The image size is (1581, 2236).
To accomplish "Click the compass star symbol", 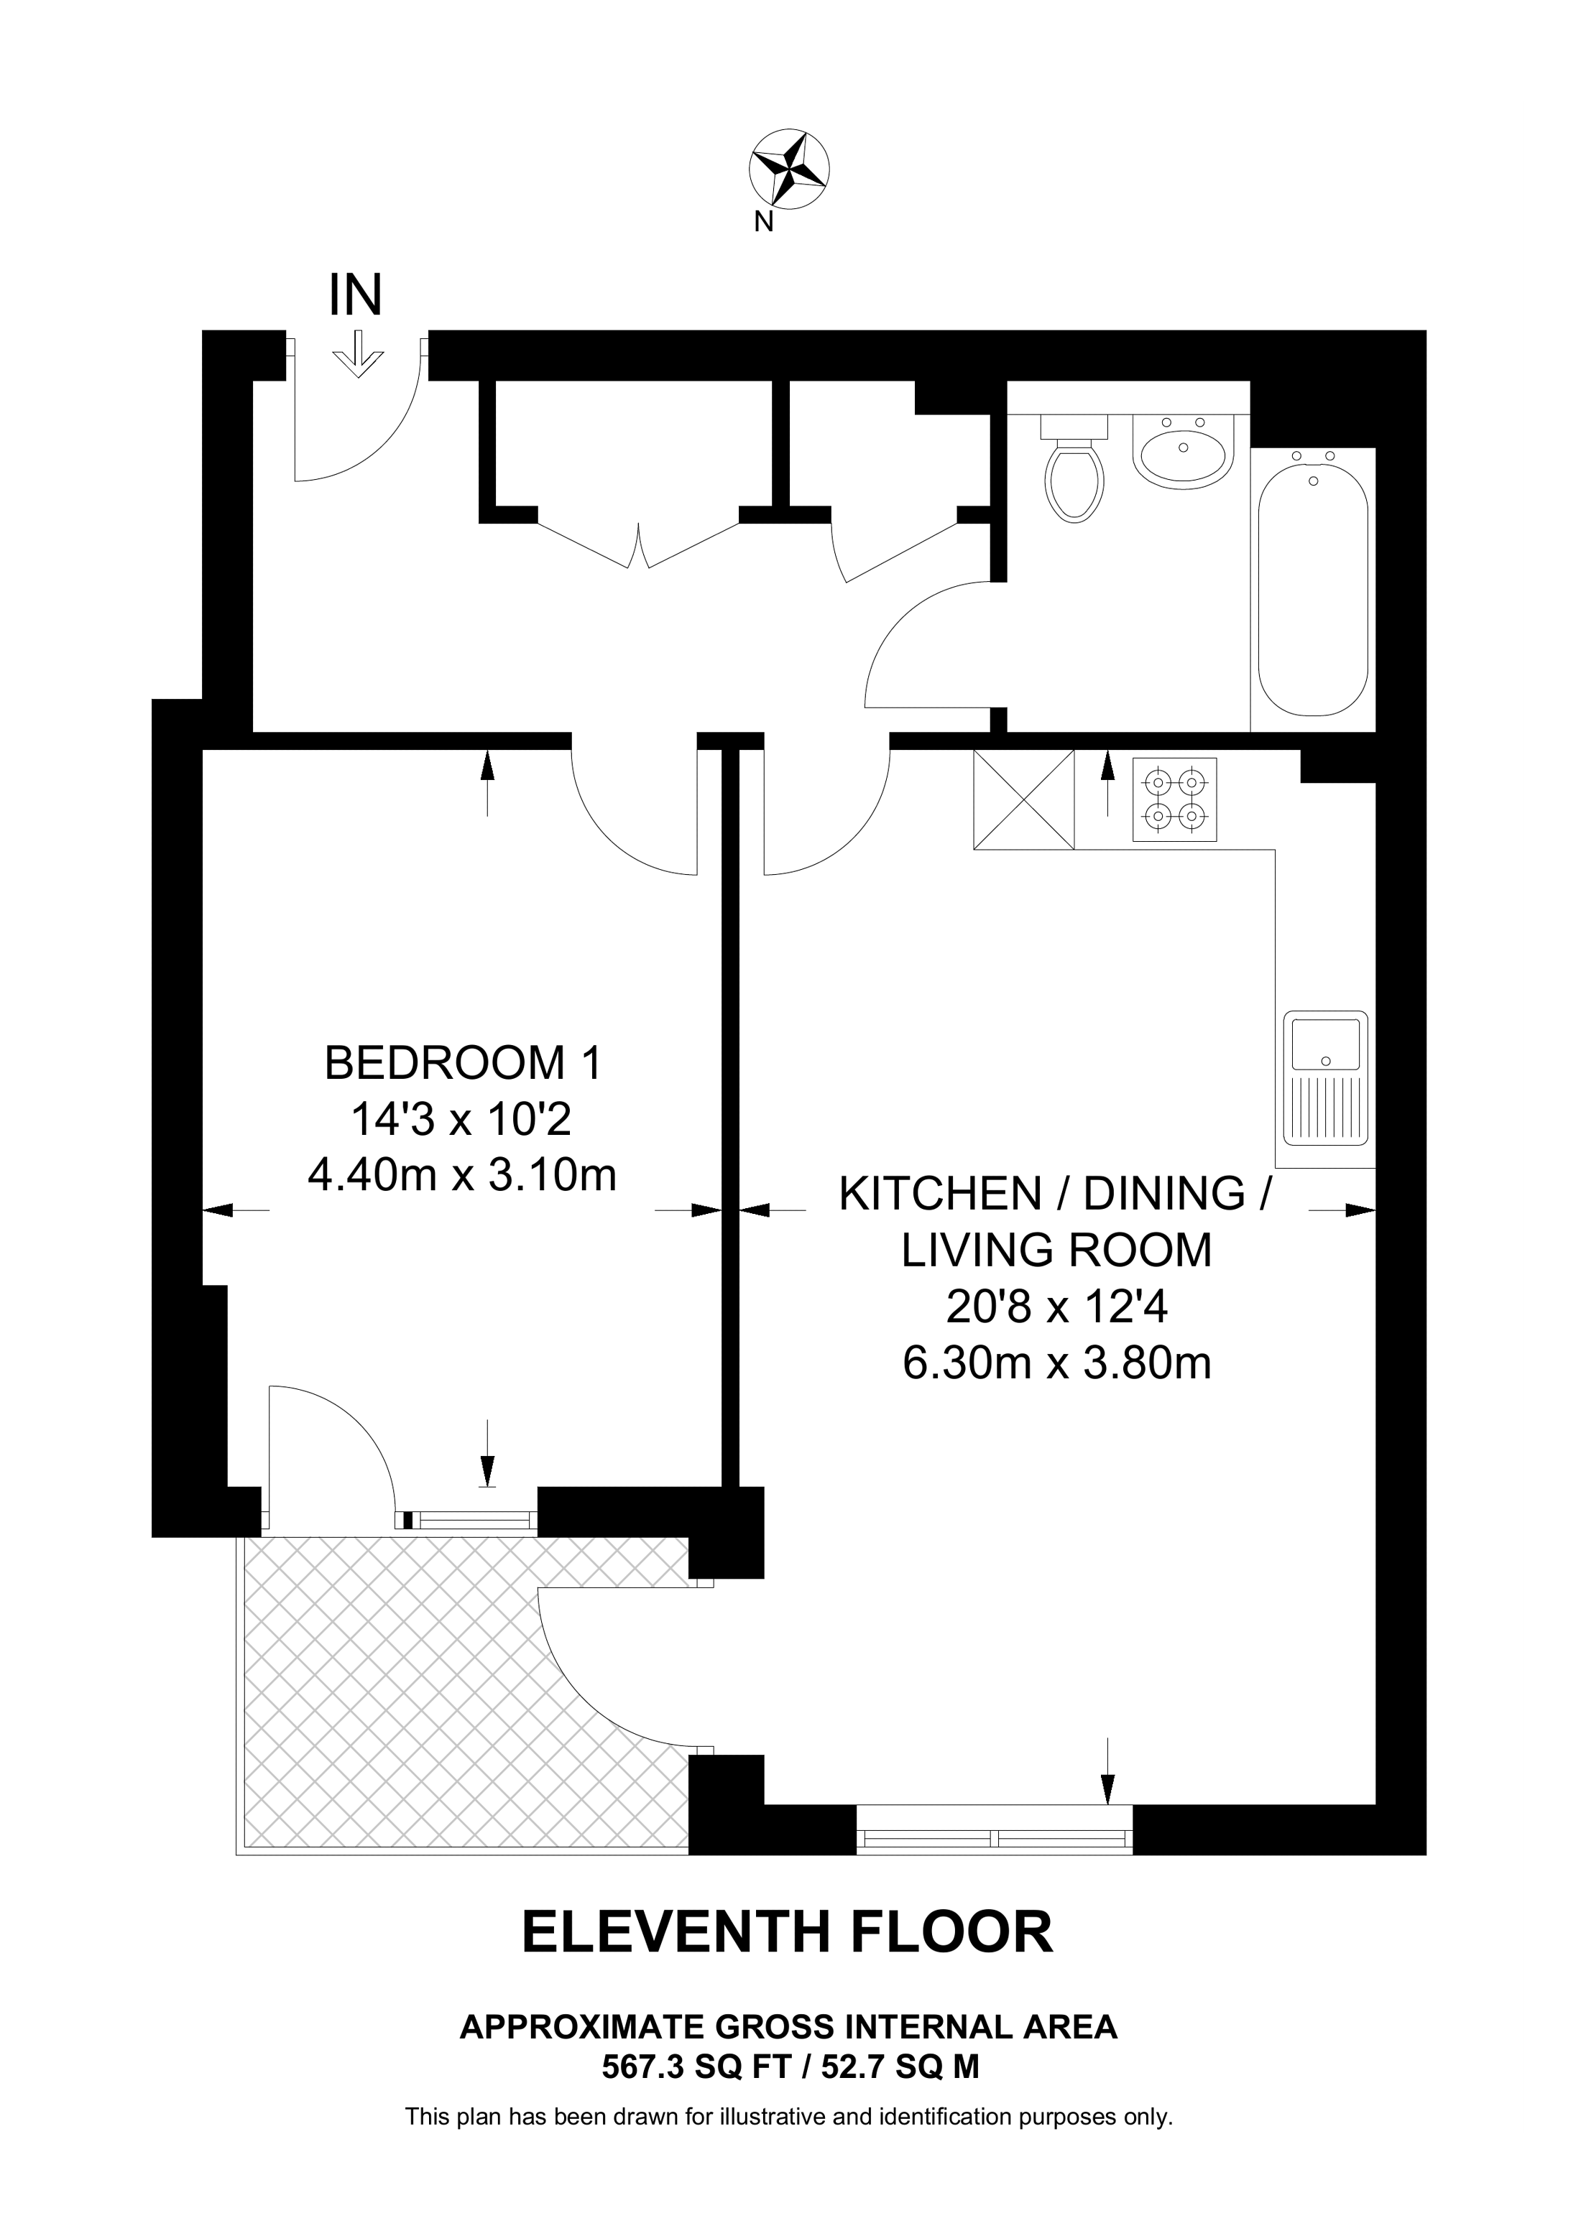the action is coord(789,169).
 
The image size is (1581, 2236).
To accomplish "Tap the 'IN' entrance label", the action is coord(356,295).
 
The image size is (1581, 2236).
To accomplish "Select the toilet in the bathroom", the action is coord(1075,468).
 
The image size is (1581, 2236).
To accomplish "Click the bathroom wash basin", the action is coord(1184,450).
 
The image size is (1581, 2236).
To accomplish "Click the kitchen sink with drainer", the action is coord(1326,1079).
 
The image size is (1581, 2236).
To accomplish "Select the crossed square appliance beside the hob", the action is coord(1024,799).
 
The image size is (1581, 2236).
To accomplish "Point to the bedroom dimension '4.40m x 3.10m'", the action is coord(463,1175).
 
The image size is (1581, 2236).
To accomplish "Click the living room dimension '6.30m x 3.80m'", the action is coord(1057,1363).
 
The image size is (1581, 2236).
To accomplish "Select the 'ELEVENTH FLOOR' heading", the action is coord(788,1933).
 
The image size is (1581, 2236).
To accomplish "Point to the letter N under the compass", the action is coord(764,223).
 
